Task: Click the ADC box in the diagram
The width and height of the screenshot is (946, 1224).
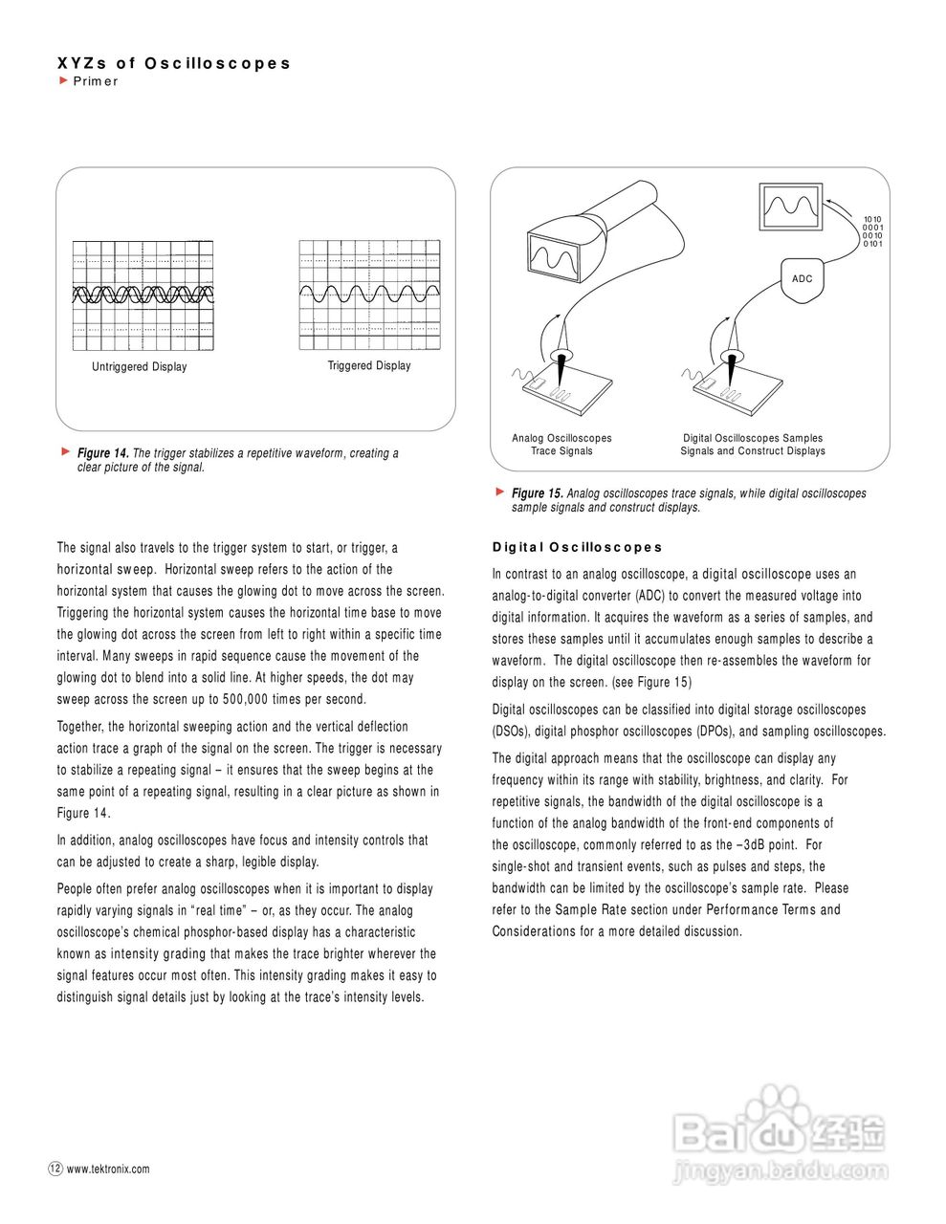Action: coord(802,279)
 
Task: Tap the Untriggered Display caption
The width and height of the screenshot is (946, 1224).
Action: coord(140,367)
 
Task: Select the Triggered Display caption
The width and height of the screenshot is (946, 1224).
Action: coord(369,366)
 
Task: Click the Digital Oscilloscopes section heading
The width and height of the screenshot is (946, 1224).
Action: coord(577,548)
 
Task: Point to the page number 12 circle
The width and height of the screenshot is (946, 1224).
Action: coord(55,1168)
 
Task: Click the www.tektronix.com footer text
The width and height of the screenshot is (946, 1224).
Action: coord(108,1169)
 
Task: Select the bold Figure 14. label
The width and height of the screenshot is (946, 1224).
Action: coord(102,453)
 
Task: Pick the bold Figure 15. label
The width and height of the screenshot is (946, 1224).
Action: coord(537,493)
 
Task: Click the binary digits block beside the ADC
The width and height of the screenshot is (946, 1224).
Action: coord(872,231)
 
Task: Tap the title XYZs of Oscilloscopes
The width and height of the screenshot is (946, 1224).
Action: coord(173,63)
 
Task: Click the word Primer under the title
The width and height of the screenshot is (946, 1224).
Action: coord(96,81)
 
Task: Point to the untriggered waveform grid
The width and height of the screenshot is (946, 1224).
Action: coord(143,295)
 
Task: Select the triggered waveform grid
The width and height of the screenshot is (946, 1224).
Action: coord(370,295)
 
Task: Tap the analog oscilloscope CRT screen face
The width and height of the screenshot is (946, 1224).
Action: coord(555,258)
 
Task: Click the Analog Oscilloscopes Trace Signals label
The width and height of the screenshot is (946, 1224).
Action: coord(561,445)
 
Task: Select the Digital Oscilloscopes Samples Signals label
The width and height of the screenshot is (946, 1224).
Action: coord(753,445)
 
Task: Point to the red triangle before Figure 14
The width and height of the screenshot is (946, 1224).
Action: coord(65,450)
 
